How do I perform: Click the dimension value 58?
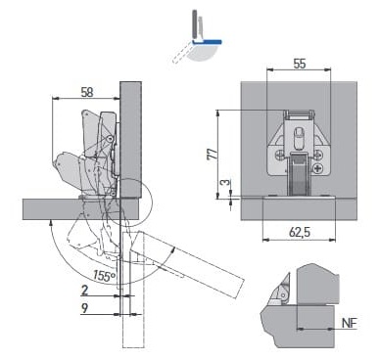87,92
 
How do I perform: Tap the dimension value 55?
300,64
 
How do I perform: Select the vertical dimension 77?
213,154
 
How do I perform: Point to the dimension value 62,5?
300,233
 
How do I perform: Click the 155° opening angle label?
104,276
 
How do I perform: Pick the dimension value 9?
84,308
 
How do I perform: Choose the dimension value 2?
84,290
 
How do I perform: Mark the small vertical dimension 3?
225,183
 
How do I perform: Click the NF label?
350,323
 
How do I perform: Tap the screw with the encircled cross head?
318,168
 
